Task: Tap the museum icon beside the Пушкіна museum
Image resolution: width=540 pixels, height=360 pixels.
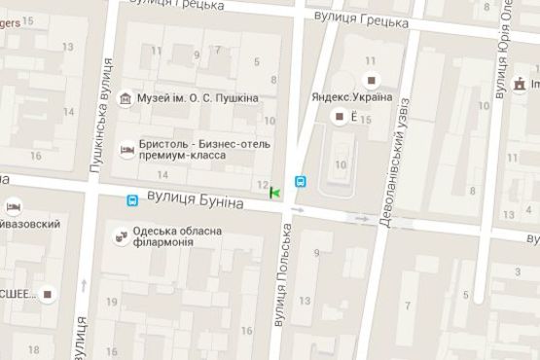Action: point(126,98)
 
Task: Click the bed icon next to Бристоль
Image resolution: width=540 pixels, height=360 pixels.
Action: point(126,149)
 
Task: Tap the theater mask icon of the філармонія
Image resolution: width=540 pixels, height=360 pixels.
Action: point(121,235)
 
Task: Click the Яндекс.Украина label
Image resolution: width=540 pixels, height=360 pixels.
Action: point(352,97)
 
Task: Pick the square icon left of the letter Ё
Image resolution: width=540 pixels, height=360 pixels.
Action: point(339,118)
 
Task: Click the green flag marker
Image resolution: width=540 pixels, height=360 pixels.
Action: point(275,194)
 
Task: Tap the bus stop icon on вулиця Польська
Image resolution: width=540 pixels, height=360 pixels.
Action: point(300,181)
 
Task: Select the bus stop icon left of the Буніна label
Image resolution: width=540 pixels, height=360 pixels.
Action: point(131,200)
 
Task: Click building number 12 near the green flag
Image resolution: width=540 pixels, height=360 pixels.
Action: point(260,184)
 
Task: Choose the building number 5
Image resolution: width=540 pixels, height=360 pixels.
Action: point(258,63)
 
